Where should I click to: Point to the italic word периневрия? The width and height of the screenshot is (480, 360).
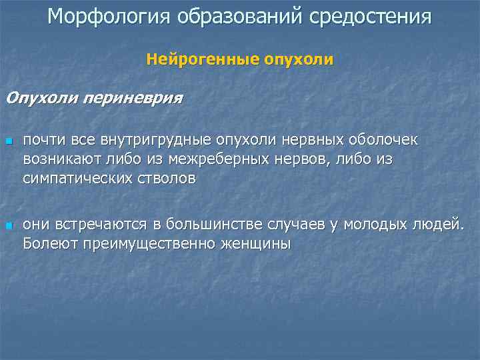(132, 99)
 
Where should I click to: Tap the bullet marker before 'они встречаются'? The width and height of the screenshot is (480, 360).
(9, 226)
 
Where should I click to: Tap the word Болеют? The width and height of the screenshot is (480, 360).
(50, 243)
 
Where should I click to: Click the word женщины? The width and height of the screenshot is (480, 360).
(257, 243)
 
